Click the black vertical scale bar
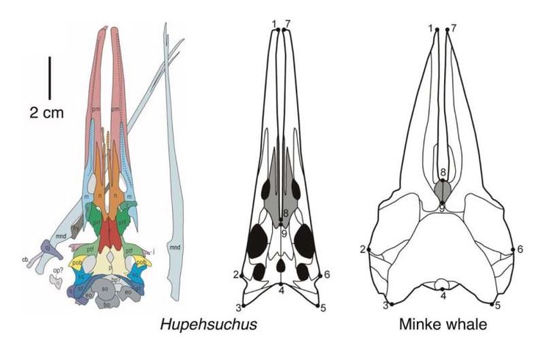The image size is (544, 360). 49,78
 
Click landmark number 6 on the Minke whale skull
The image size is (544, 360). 519,250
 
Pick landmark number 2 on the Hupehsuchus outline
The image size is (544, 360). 236,276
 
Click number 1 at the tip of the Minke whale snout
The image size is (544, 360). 430,28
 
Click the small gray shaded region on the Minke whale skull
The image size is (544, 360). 443,192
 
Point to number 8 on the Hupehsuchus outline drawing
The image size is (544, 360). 284,214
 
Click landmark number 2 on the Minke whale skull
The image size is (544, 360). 362,250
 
